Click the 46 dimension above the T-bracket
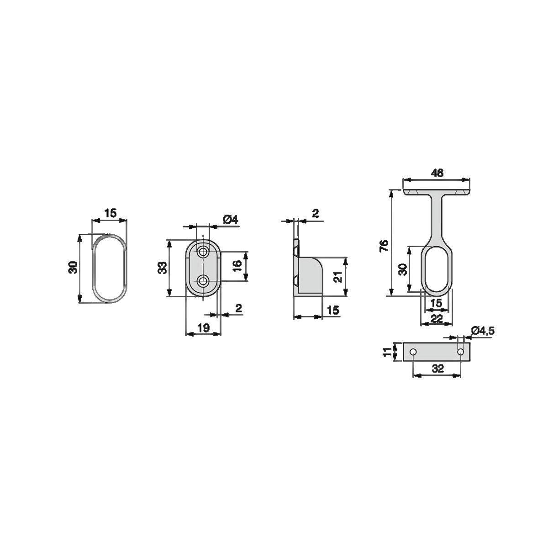437,173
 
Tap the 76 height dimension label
384,245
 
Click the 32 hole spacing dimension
437,369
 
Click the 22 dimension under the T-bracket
437,318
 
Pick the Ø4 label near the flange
231,219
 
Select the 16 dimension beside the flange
237,266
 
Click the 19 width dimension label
204,327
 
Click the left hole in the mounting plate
413,352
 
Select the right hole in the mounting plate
460,352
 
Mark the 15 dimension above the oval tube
110,212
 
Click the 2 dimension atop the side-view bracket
315,213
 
